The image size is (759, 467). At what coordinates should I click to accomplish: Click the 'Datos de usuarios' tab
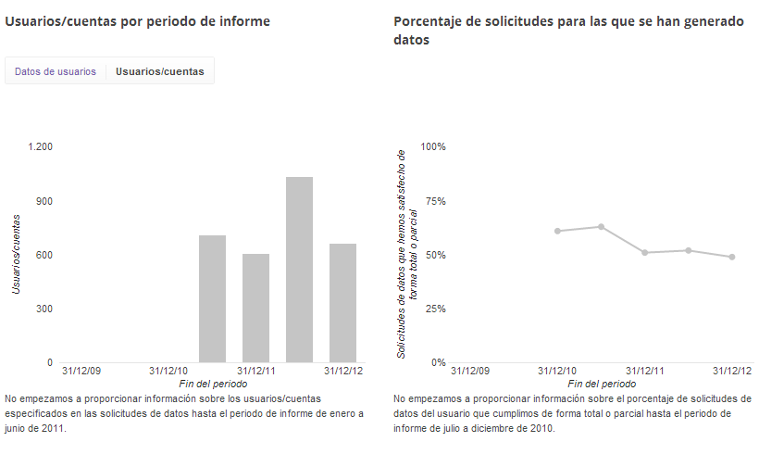[x=56, y=71]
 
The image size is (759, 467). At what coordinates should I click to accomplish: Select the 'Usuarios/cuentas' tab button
[x=160, y=71]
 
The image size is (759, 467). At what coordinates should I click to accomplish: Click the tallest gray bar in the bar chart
[x=299, y=269]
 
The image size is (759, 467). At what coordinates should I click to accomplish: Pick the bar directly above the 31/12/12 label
[x=342, y=303]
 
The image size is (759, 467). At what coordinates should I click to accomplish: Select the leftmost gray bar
[x=213, y=298]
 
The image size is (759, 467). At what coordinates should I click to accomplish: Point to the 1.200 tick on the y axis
[x=41, y=146]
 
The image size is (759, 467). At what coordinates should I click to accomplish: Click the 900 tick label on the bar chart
[x=44, y=201]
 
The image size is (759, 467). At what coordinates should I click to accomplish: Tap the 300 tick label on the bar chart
[x=44, y=309]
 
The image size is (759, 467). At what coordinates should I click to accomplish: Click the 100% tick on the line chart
[x=433, y=146]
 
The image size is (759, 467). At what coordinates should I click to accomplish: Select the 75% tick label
[x=435, y=201]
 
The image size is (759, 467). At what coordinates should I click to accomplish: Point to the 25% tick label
[x=435, y=309]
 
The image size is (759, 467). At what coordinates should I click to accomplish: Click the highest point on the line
[x=602, y=226]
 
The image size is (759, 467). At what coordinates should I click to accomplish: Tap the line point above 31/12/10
[x=557, y=231]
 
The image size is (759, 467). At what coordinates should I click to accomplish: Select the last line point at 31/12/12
[x=731, y=257]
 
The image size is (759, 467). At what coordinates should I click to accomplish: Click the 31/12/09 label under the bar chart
[x=81, y=371]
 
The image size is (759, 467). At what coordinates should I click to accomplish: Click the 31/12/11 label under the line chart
[x=644, y=371]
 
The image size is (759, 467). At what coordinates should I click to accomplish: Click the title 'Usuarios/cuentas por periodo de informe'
[x=138, y=21]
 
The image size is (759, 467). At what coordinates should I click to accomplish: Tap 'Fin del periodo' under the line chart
[x=602, y=383]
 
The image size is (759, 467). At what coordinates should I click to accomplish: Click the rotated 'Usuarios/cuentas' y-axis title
[x=16, y=254]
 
